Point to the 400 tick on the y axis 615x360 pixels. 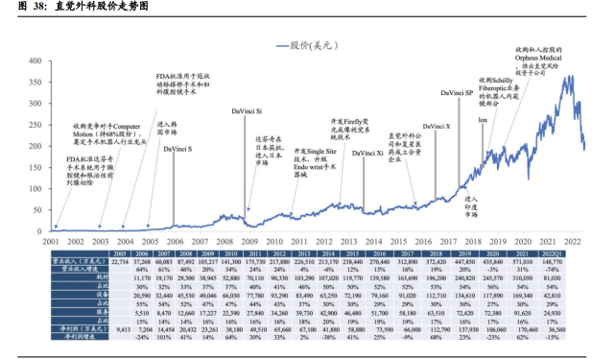pyautogui.click(x=35, y=60)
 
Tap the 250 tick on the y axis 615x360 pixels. pyautogui.click(x=35, y=125)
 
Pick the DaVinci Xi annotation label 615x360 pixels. pyautogui.click(x=367, y=154)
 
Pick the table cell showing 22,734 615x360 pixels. pyautogui.click(x=93, y=261)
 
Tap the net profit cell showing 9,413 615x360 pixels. pyautogui.click(x=93, y=329)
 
